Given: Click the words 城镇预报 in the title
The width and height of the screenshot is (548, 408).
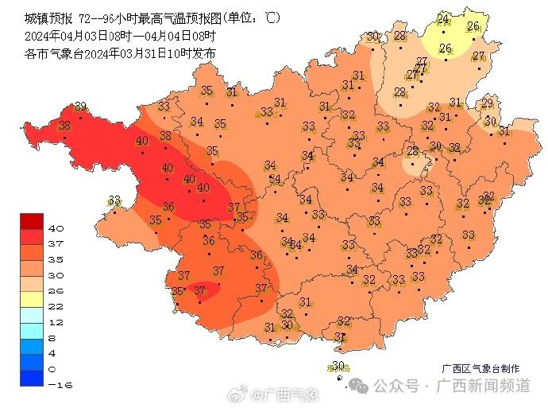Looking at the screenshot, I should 45,17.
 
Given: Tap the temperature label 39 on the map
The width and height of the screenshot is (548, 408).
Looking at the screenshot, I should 80,107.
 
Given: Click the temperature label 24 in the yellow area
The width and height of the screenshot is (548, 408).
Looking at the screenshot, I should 443,18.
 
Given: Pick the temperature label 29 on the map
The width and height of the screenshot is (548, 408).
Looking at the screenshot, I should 487,103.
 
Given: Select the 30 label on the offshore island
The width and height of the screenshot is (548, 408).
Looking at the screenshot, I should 338,366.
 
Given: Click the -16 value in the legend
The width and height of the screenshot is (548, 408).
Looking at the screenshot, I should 57,384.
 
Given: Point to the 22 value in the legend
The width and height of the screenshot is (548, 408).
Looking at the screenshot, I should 56,306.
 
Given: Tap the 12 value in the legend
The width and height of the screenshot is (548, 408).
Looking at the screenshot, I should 56,322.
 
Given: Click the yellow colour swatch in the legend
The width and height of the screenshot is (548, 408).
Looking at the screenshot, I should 32,298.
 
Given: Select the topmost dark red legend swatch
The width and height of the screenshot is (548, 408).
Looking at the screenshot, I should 32,221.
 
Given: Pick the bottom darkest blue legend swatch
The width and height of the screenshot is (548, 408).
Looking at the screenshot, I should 32,378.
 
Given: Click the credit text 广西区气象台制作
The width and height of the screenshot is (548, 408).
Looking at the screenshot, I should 481,369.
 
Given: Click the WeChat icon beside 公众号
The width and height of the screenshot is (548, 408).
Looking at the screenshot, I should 360,386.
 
